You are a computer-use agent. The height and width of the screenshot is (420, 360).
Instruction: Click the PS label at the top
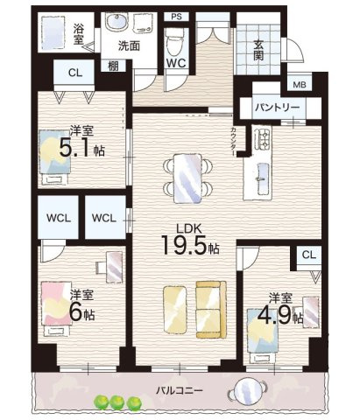pyautogui.click(x=176, y=17)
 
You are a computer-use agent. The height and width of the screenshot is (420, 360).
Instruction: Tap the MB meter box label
pyautogui.click(x=300, y=85)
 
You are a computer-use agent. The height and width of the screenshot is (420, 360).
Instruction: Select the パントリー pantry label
pyautogui.click(x=277, y=108)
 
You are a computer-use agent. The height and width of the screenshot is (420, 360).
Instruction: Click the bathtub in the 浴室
pyautogui.click(x=53, y=32)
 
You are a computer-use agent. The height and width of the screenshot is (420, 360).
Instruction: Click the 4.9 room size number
pyautogui.click(x=274, y=316)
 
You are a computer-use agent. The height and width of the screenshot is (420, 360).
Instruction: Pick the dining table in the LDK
pyautogui.click(x=187, y=178)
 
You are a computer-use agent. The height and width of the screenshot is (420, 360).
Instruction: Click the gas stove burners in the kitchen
pyautogui.click(x=263, y=139)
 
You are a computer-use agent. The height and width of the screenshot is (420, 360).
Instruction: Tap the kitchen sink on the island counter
pyautogui.click(x=262, y=178)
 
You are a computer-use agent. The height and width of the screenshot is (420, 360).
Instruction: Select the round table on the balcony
pyautogui.click(x=248, y=391)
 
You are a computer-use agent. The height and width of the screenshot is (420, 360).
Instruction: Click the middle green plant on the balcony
pyautogui.click(x=117, y=402)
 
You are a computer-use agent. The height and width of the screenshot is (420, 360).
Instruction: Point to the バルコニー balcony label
pyautogui.click(x=179, y=390)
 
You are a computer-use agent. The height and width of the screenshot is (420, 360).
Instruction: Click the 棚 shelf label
pyautogui.click(x=113, y=66)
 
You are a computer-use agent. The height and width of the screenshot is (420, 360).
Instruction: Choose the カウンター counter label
pyautogui.click(x=234, y=141)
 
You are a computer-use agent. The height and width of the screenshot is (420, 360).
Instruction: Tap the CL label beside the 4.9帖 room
pyautogui.click(x=309, y=255)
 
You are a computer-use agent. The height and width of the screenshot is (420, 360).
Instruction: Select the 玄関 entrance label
pyautogui.click(x=258, y=50)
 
